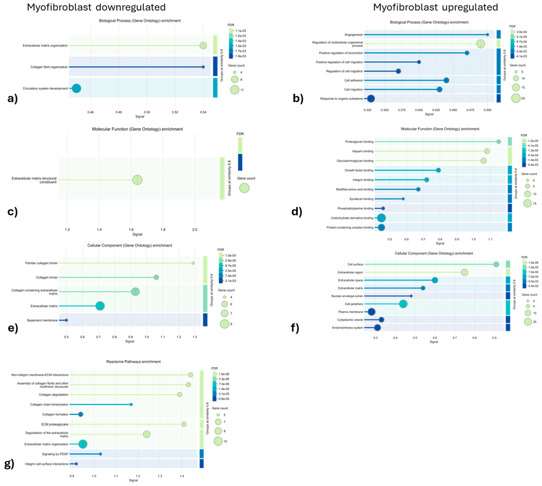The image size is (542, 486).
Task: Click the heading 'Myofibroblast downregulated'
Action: coord(96,7)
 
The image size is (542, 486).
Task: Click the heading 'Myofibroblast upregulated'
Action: coord(435,7)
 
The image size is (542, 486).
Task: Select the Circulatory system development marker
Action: coord(77,88)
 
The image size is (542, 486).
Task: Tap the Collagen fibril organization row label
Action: coord(49,67)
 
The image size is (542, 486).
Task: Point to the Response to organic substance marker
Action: coord(371,98)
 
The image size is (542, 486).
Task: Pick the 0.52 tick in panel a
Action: coord(175,112)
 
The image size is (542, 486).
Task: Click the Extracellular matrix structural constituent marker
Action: coord(137,180)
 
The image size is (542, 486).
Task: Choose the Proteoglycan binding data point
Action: coord(498,141)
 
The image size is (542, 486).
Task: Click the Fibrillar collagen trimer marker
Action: coord(193,263)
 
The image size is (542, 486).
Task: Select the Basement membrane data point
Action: coord(66,320)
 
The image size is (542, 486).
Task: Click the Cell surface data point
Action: coord(496,264)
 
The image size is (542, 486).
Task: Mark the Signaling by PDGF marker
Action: coord(100,454)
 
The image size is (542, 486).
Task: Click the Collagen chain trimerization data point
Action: coord(131,405)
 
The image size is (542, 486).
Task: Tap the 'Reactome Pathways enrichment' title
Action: coord(133,362)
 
